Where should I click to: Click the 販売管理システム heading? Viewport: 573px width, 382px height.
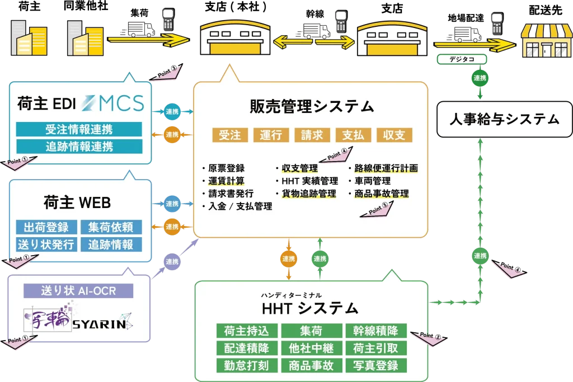pos(312,106)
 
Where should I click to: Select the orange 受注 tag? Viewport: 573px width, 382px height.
pos(230,135)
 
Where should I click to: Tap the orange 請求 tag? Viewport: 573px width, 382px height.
pos(312,135)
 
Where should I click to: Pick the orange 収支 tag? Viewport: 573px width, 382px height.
pos(394,135)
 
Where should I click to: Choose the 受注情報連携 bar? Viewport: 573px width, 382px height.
pos(79,130)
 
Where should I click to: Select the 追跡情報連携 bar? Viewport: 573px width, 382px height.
pos(79,147)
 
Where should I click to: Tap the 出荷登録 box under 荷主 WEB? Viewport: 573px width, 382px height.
pos(46,227)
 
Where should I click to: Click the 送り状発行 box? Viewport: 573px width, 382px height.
pos(46,244)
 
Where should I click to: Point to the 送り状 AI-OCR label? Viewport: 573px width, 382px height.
pos(79,291)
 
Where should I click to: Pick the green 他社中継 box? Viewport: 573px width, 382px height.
pos(311,348)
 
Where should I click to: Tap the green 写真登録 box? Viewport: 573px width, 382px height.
pos(375,365)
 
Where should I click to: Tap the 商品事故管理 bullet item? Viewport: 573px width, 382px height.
pos(382,194)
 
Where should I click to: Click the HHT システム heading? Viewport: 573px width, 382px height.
pos(310,308)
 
